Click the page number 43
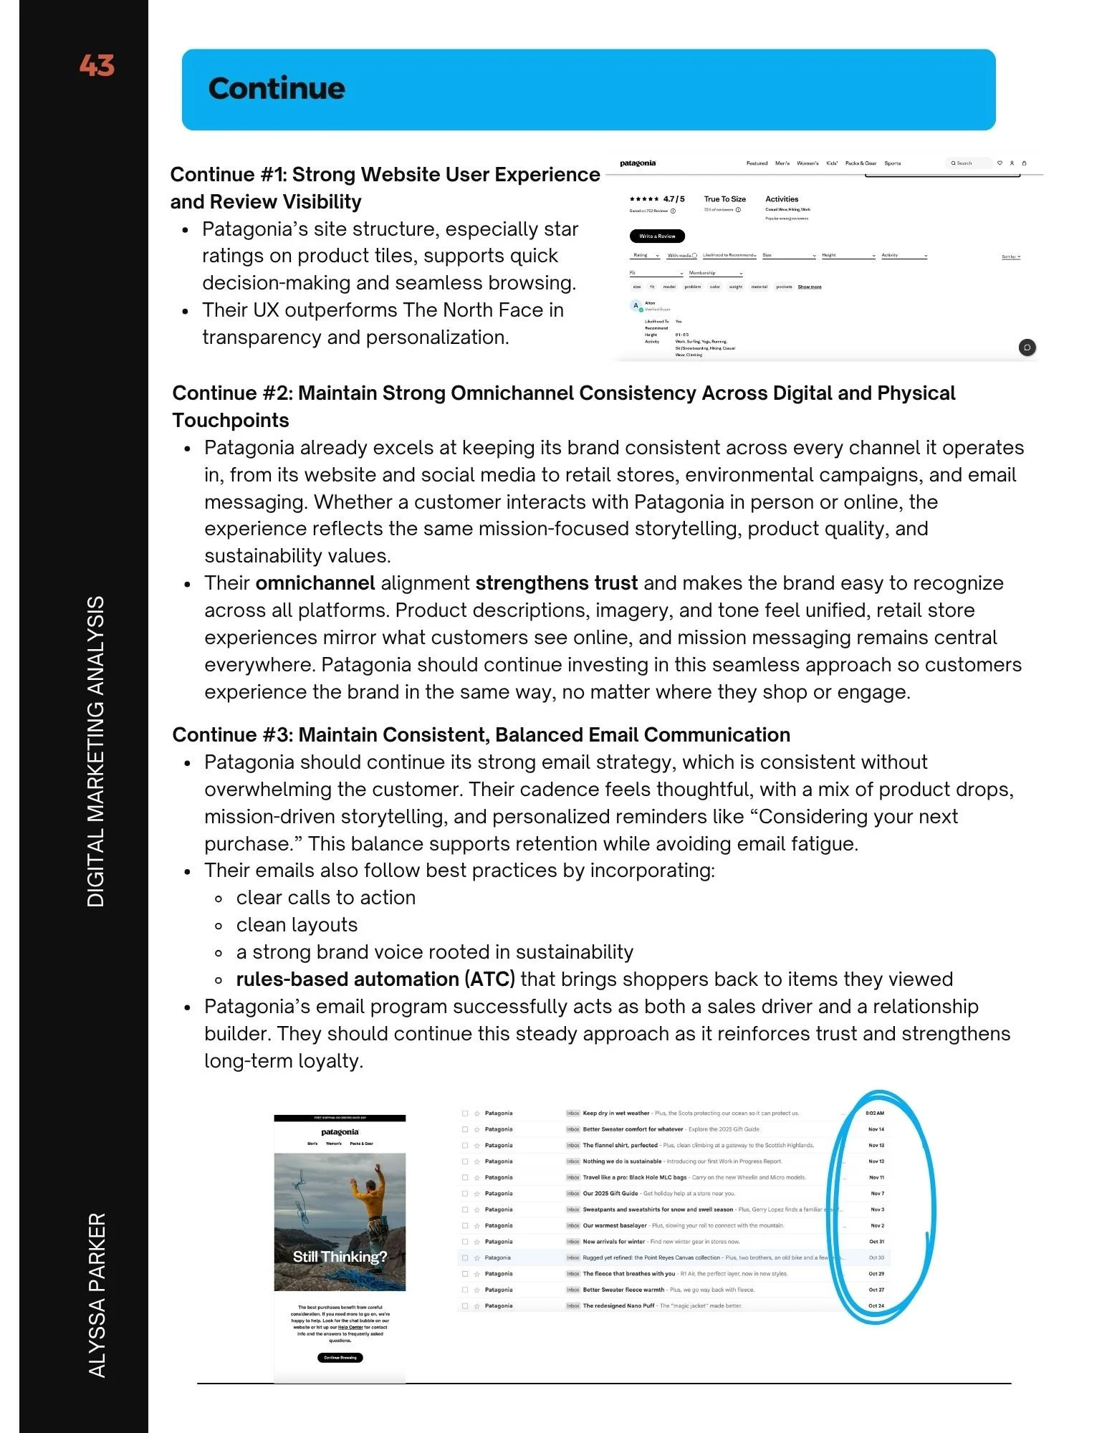97,65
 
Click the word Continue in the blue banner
277,88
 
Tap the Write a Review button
657,236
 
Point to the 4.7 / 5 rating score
674,199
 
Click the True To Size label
724,199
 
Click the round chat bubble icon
1027,348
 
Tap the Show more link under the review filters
810,287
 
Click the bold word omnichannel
315,583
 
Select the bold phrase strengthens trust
556,583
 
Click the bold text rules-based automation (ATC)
375,979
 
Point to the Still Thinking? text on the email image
340,1257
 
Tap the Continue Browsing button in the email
340,1358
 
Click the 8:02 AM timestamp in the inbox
875,1113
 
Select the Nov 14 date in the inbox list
876,1129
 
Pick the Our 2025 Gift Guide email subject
610,1194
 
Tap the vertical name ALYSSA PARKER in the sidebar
97,1295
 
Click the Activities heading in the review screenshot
782,199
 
